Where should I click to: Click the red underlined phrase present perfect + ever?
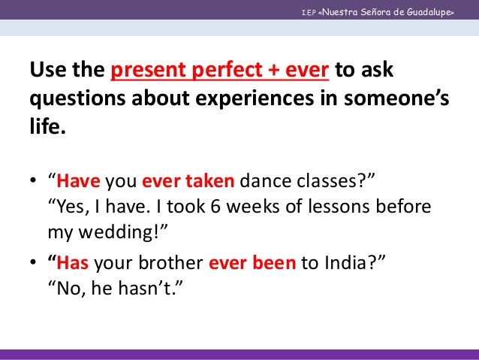tap(219, 71)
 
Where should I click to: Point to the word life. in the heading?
tap(47, 128)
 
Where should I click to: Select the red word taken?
tap(212, 182)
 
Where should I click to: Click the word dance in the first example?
tap(262, 182)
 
